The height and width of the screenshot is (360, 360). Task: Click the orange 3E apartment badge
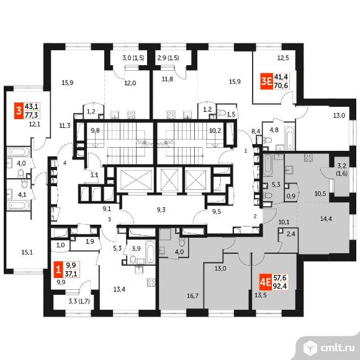click(x=266, y=82)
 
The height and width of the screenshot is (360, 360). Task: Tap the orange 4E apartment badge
click(x=266, y=281)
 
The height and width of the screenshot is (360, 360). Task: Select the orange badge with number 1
click(x=58, y=270)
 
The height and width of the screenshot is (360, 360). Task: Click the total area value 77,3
click(x=32, y=115)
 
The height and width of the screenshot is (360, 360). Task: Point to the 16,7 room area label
click(x=192, y=296)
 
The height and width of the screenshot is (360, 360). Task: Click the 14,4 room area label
click(x=326, y=219)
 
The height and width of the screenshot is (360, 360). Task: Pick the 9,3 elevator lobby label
click(x=161, y=210)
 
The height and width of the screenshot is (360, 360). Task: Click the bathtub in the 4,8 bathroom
click(x=289, y=138)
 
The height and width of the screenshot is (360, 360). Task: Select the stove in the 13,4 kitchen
click(x=151, y=282)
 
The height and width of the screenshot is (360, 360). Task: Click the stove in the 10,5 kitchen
click(x=308, y=158)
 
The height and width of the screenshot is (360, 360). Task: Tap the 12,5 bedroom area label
click(x=283, y=58)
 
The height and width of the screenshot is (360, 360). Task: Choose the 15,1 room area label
click(x=27, y=253)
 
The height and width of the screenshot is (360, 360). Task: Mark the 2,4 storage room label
click(x=291, y=234)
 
